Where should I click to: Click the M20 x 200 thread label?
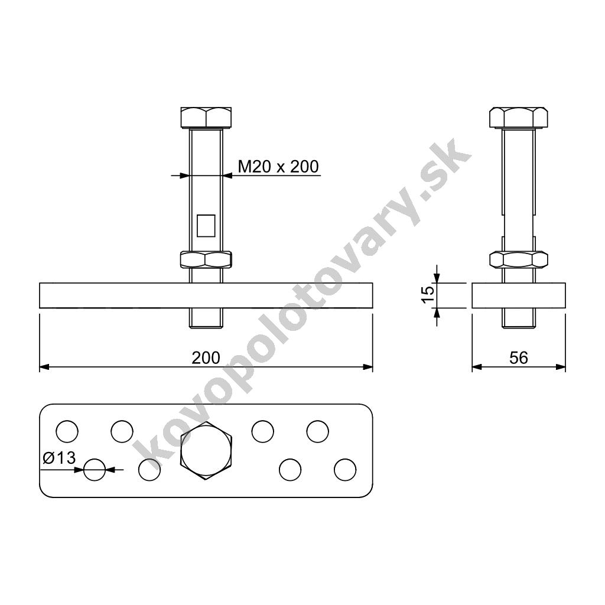tap(278, 167)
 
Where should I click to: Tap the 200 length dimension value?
tap(206, 357)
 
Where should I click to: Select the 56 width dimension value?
tap(519, 357)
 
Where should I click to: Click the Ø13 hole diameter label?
tap(60, 458)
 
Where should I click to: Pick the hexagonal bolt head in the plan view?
tap(206, 451)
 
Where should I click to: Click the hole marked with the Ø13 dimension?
tap(95, 470)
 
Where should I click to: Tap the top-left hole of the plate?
tap(67, 431)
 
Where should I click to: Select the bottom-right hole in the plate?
tap(345, 470)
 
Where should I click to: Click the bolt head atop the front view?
tap(206, 118)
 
